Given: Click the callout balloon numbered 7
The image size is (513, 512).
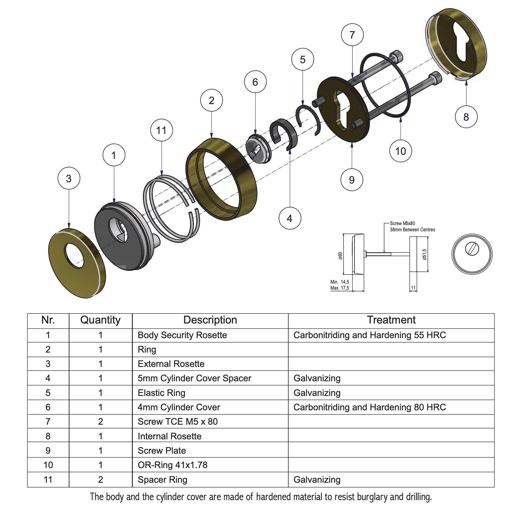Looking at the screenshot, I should pos(352,35).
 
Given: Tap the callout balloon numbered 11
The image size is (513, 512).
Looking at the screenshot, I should pos(161,130).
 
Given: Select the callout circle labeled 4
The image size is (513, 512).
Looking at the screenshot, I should pos(290,218).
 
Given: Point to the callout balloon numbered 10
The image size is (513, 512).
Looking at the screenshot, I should pos(400,151).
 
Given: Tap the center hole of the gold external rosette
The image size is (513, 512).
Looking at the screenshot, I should pos(74,255).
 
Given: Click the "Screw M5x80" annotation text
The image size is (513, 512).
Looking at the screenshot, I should pos(402,223).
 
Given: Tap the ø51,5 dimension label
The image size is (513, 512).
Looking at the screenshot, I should pos(424,254).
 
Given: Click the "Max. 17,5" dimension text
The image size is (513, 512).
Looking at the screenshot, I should pos(339,288).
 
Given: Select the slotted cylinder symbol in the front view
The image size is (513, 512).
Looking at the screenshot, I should pos(472,248).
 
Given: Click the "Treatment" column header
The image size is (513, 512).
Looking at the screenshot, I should pos(391,320).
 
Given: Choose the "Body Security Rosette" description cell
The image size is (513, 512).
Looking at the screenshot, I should pos(182,335).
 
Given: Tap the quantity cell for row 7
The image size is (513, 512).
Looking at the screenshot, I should pos(100,421).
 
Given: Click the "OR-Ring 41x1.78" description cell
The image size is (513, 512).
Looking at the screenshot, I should pos(172,465).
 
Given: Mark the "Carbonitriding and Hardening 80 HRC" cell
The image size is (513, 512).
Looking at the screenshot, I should pos(369,407).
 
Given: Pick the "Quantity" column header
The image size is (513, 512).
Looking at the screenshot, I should pos(100,320).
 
